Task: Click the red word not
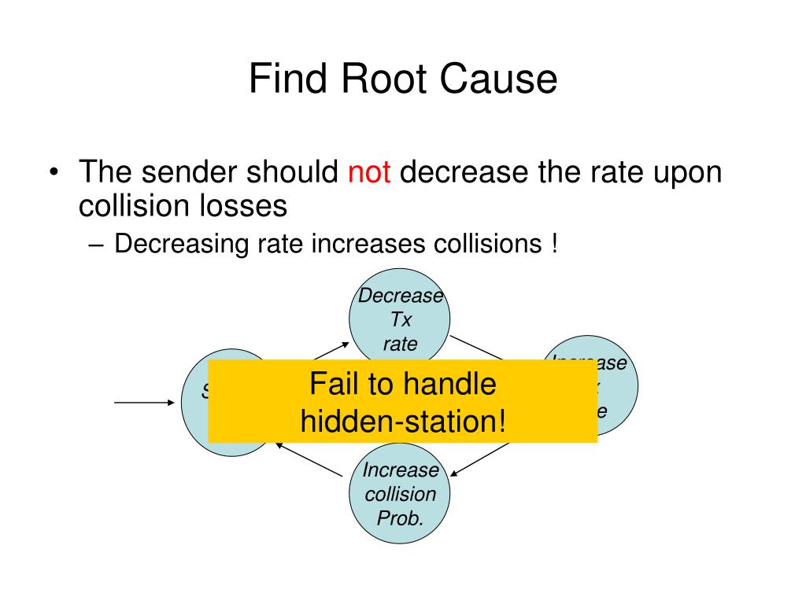[x=369, y=172]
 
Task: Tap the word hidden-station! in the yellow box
[x=402, y=422]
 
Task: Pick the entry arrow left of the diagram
[x=145, y=402]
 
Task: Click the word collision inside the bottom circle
[x=400, y=495]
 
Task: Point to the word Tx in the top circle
[x=400, y=320]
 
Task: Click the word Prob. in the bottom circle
[x=400, y=518]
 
